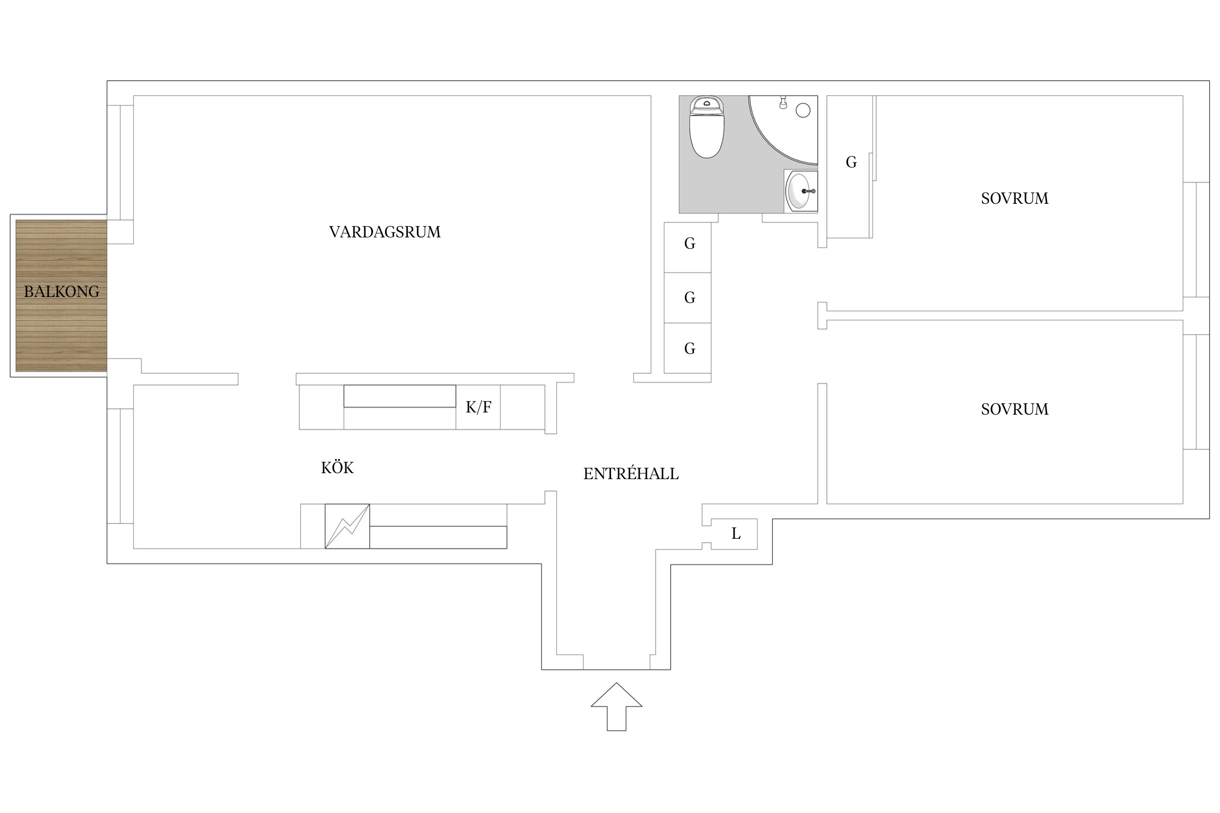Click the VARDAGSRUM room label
pyautogui.click(x=384, y=232)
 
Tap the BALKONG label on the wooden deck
pyautogui.click(x=61, y=292)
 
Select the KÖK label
pyautogui.click(x=337, y=467)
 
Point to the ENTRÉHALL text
pyautogui.click(x=631, y=473)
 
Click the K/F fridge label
pyautogui.click(x=478, y=406)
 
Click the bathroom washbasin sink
pyautogui.click(x=801, y=191)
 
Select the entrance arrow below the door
pyautogui.click(x=617, y=706)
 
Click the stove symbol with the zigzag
pyautogui.click(x=347, y=526)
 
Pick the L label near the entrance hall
pyautogui.click(x=736, y=534)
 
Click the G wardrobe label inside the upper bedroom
pyautogui.click(x=851, y=162)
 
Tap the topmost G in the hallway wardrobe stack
pyautogui.click(x=690, y=244)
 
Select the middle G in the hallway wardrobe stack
pyautogui.click(x=690, y=298)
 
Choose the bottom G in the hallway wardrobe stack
pyautogui.click(x=690, y=349)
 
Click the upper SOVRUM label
pyautogui.click(x=1014, y=198)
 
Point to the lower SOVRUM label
pyautogui.click(x=1014, y=409)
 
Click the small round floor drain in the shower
pyautogui.click(x=803, y=111)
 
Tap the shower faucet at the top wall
pyautogui.click(x=783, y=102)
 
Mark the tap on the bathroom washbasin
pyautogui.click(x=808, y=191)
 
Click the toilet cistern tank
pyautogui.click(x=707, y=105)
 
